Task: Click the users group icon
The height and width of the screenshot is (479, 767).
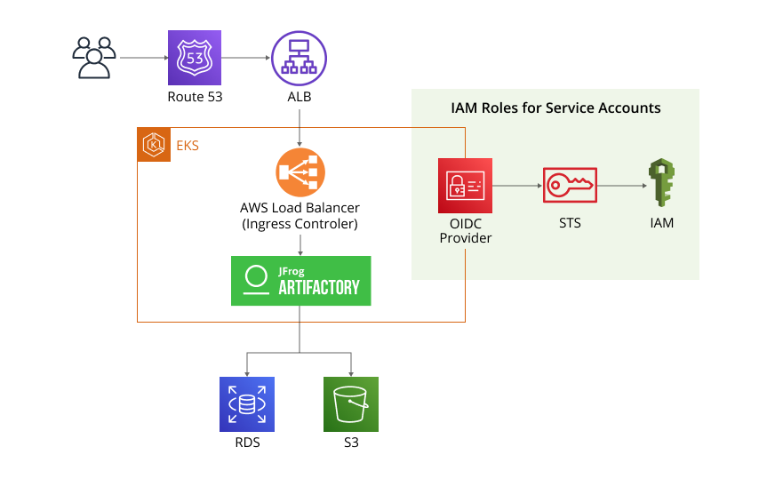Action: tap(93, 58)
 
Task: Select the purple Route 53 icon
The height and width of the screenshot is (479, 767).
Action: tap(195, 58)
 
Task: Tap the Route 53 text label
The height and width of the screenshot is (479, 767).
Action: tap(195, 97)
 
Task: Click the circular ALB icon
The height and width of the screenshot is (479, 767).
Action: tap(299, 58)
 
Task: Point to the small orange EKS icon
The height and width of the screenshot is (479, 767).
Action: tap(154, 144)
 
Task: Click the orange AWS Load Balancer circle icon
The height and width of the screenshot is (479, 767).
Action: tap(300, 172)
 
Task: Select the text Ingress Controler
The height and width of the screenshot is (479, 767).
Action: tap(300, 225)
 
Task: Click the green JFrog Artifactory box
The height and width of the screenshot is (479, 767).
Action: tap(300, 281)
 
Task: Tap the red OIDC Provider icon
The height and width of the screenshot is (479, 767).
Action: tap(465, 186)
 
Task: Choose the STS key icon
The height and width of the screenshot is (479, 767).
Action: tap(570, 186)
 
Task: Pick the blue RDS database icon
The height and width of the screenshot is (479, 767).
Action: tap(247, 404)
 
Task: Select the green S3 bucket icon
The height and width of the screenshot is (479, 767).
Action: tap(351, 404)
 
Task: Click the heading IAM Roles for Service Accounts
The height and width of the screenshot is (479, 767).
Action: tap(555, 108)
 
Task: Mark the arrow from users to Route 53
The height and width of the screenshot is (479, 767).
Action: tap(143, 59)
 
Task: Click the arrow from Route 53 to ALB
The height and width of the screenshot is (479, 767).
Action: tap(246, 59)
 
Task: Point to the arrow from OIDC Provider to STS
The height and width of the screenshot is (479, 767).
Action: tap(516, 187)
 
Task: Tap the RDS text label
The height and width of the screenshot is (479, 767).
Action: tap(247, 443)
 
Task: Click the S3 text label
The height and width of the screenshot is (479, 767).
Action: tap(351, 443)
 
